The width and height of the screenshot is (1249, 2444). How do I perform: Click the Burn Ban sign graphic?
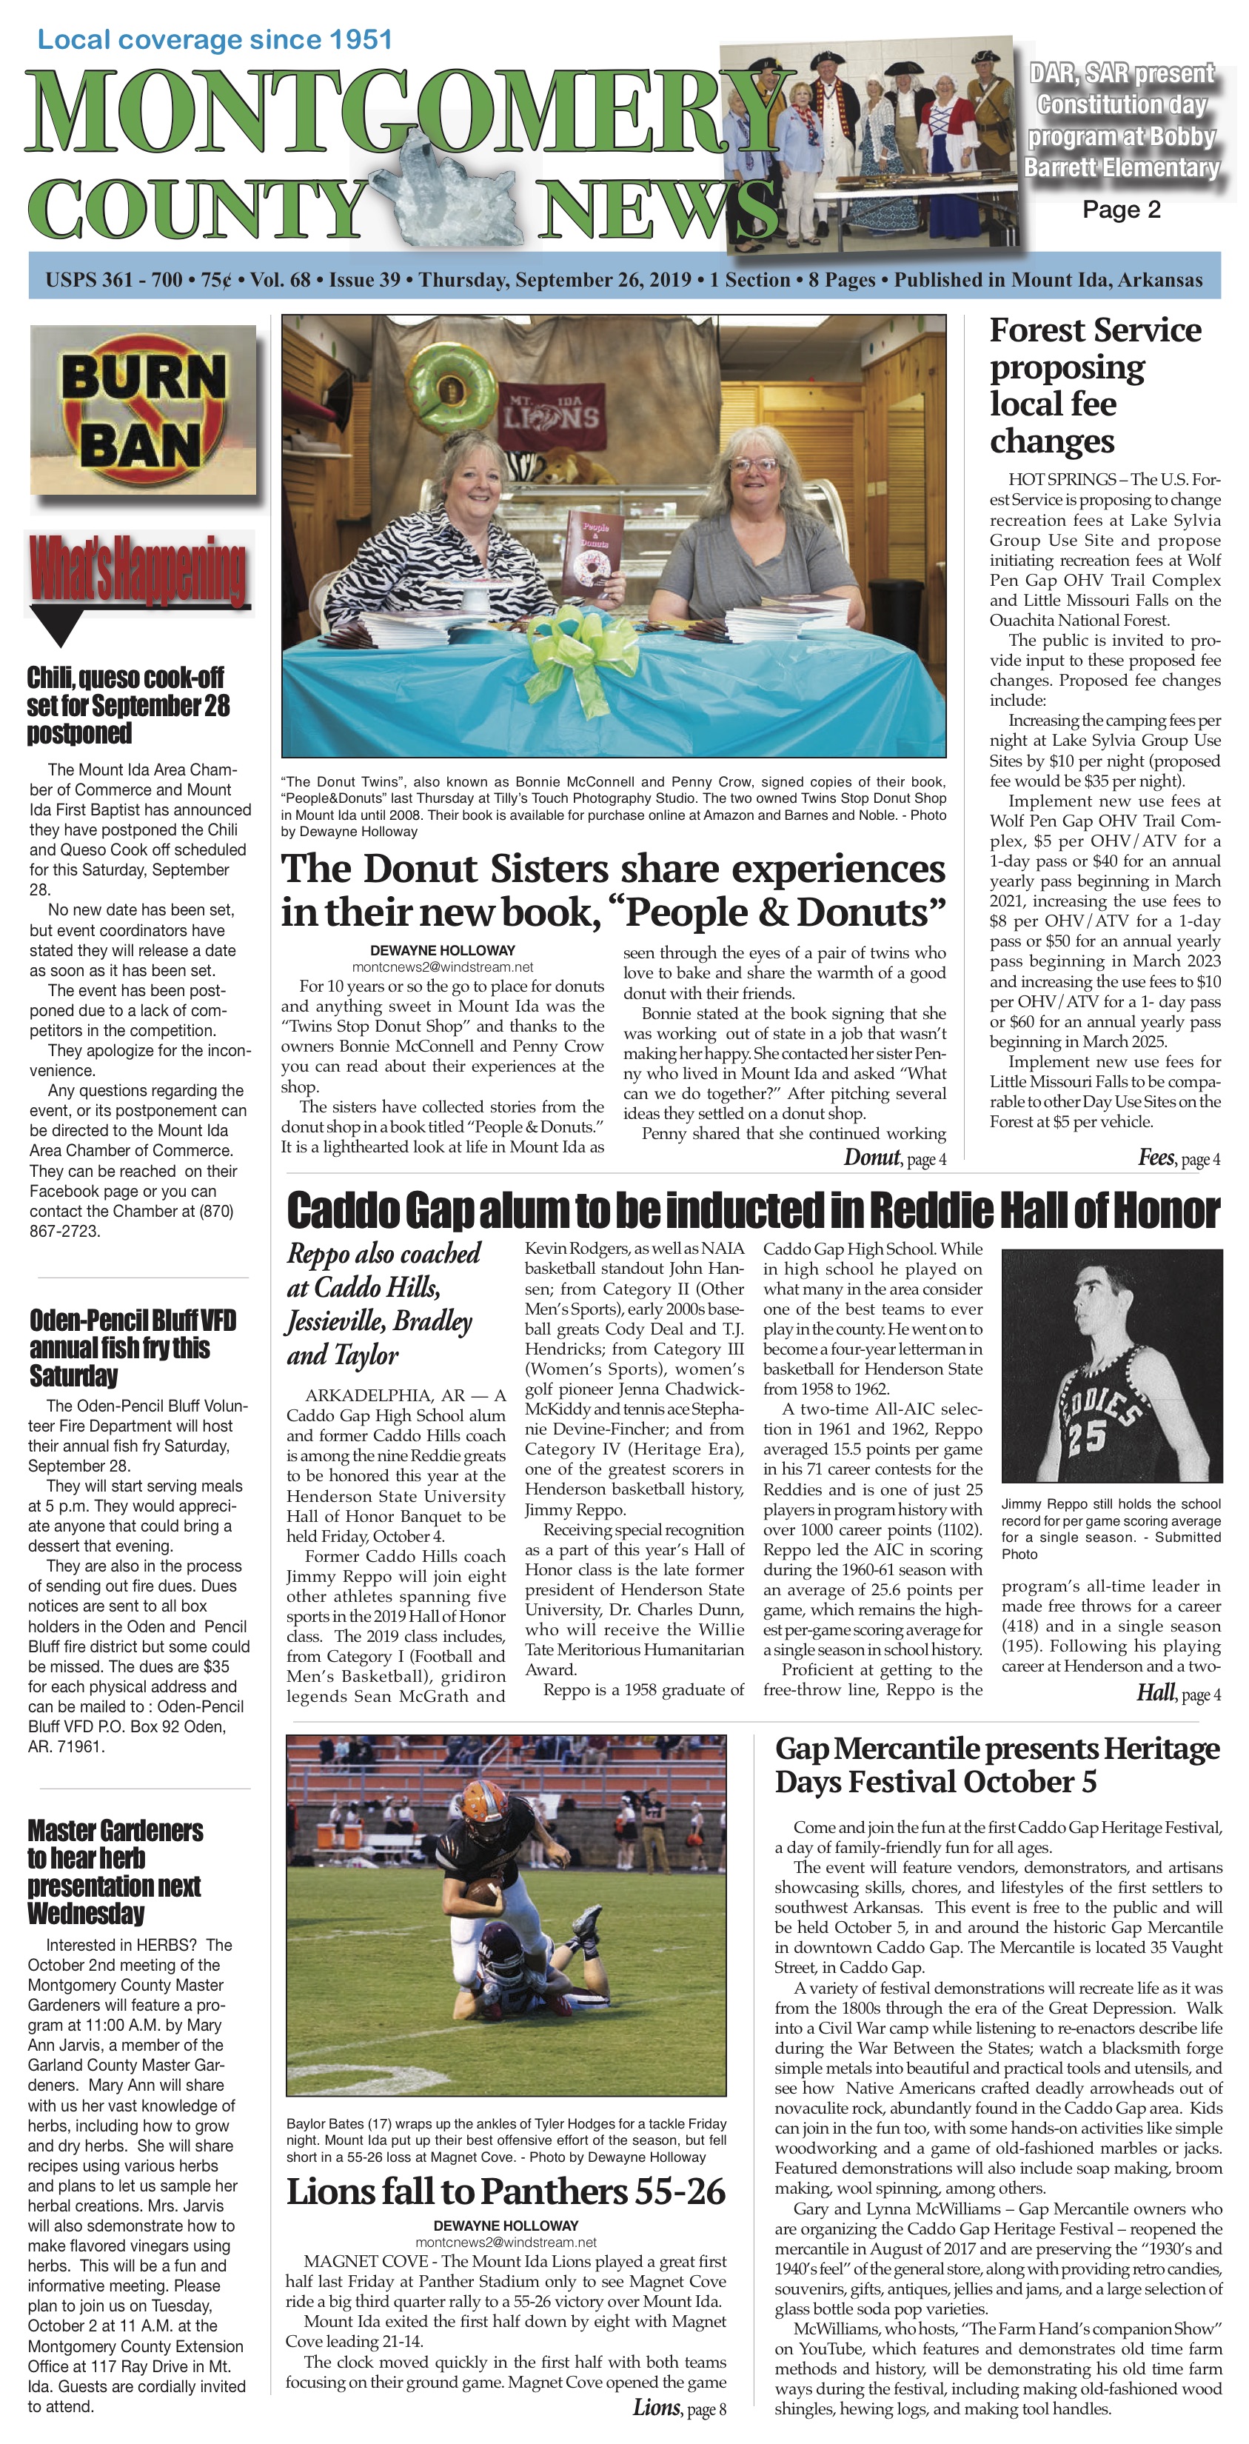[143, 410]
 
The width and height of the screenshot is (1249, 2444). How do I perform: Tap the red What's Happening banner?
[138, 570]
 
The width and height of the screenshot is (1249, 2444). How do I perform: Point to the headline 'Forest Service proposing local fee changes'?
[1095, 385]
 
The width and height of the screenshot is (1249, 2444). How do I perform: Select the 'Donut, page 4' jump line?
[894, 1158]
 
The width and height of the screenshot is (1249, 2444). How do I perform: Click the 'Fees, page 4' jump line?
[1178, 1158]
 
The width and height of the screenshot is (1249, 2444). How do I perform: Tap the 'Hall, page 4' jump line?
[1177, 1692]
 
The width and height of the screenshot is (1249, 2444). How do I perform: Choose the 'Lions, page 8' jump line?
[678, 2407]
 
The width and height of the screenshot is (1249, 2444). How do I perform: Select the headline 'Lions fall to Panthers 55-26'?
[506, 2191]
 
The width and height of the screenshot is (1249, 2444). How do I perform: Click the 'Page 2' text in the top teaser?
[1121, 210]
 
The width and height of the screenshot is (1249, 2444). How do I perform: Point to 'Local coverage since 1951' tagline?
[214, 40]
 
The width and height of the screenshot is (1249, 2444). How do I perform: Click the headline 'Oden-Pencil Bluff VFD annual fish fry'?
[132, 1347]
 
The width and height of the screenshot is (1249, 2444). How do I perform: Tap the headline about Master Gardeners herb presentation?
[115, 1871]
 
